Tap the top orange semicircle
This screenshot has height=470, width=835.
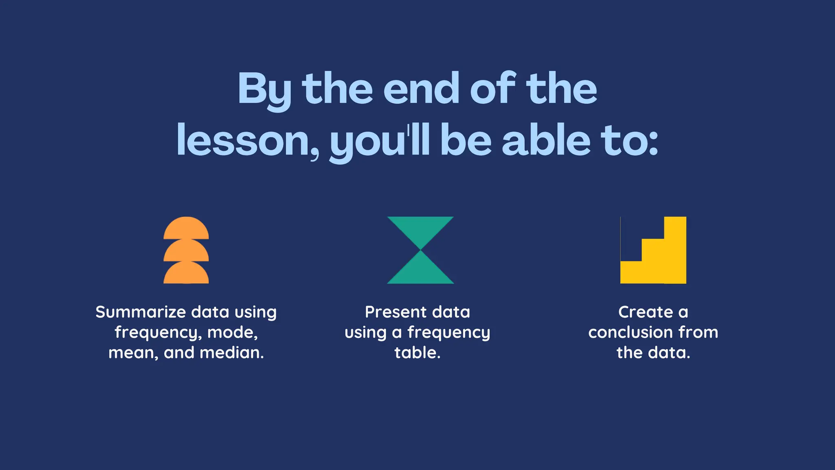(x=186, y=228)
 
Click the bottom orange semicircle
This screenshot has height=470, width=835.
(x=186, y=273)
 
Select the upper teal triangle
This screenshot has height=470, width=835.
(x=420, y=228)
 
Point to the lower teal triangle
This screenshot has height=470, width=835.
(x=420, y=271)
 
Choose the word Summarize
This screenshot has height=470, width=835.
(x=141, y=312)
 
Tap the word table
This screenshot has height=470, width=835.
(x=417, y=353)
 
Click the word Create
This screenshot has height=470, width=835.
(x=645, y=312)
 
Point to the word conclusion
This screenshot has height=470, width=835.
(x=630, y=333)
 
